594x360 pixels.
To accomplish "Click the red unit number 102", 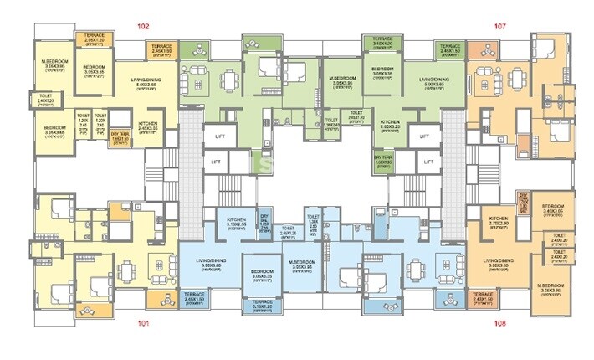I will [143, 26].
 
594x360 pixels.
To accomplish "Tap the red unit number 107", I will [500, 26].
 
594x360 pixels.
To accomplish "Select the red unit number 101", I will [143, 321].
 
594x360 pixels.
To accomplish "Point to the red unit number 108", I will [500, 321].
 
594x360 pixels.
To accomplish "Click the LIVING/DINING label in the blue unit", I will [208, 262].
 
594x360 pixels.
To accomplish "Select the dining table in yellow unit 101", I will [126, 273].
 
